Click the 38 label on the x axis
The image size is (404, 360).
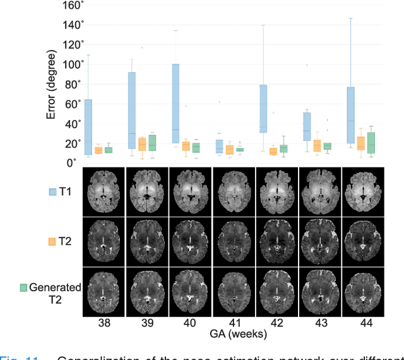click(x=104, y=323)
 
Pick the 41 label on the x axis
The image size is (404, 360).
click(x=233, y=323)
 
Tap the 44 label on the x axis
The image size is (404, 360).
click(x=362, y=323)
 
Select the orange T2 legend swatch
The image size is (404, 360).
click(x=54, y=241)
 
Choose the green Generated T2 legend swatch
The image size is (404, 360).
click(x=23, y=287)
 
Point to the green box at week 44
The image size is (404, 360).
click(x=371, y=143)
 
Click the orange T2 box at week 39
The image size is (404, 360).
click(x=142, y=144)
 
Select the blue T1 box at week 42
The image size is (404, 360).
click(x=263, y=107)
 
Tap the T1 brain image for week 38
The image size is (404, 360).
click(x=104, y=189)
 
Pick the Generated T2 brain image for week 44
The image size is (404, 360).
click(x=362, y=292)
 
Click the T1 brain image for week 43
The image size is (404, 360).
click(x=319, y=189)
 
